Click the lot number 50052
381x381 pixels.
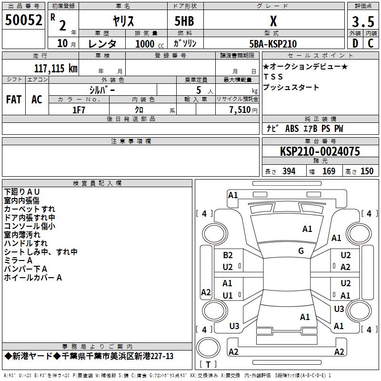[24, 20]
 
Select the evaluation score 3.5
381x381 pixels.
[362, 21]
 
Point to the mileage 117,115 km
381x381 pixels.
[56, 68]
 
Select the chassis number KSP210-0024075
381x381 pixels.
[320, 151]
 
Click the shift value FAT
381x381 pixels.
[13, 100]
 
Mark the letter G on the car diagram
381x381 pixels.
[301, 251]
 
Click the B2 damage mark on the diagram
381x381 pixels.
[228, 255]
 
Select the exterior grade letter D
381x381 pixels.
[354, 44]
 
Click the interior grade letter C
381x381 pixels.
[371, 44]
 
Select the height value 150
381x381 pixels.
[367, 171]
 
